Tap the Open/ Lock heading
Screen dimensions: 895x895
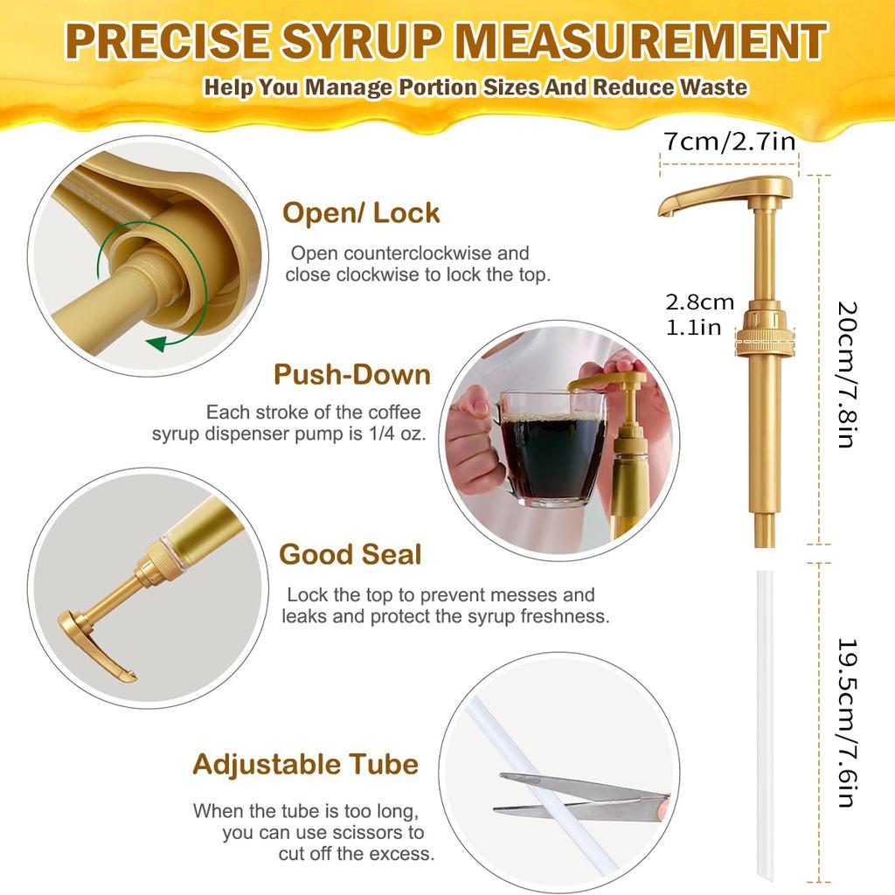pyautogui.click(x=361, y=212)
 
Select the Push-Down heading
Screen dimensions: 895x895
pyautogui.click(x=351, y=374)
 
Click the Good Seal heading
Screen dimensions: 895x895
pyautogui.click(x=350, y=554)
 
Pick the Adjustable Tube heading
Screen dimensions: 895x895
pyautogui.click(x=305, y=764)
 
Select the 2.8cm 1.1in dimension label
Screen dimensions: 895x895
pyautogui.click(x=699, y=315)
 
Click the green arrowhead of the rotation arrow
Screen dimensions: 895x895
pyautogui.click(x=156, y=343)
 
